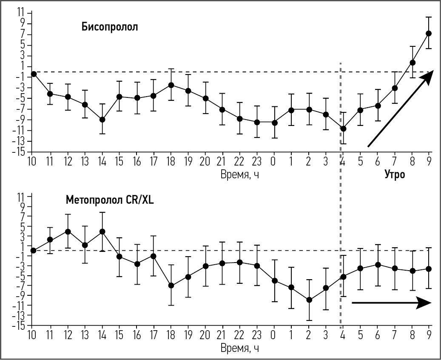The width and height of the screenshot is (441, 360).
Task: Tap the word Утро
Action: click(x=394, y=174)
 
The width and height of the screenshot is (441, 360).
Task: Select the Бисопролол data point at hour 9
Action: click(x=429, y=33)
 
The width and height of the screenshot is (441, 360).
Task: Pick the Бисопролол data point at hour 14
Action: click(x=102, y=120)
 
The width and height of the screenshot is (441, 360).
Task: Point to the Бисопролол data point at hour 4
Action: click(x=343, y=129)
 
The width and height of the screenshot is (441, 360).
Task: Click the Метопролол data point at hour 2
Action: click(x=309, y=300)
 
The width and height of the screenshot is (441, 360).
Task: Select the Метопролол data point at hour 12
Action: click(x=68, y=231)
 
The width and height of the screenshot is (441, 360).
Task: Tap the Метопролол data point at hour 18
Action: click(x=171, y=286)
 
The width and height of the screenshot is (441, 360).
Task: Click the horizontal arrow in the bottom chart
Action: click(x=391, y=303)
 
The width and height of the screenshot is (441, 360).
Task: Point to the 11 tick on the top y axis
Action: click(x=20, y=13)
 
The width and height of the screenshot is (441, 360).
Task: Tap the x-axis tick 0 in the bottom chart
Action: click(x=274, y=335)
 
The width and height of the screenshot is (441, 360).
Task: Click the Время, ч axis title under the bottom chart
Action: click(x=240, y=349)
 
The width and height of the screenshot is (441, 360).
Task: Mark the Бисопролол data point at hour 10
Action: click(x=34, y=74)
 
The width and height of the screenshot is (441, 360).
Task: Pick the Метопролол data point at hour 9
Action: click(x=429, y=269)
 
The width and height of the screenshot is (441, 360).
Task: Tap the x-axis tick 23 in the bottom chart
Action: click(x=257, y=335)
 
